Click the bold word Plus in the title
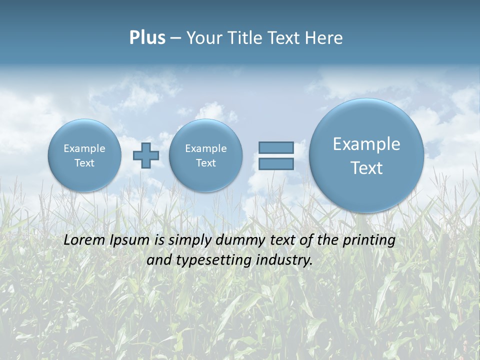point(147,38)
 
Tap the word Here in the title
point(324,38)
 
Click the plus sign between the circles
point(146,155)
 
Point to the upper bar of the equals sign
point(276,147)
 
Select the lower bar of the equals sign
point(276,164)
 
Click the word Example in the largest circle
point(366,144)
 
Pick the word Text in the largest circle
point(366,168)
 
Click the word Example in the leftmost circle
point(84,148)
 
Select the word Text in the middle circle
point(205,163)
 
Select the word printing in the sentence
point(369,240)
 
